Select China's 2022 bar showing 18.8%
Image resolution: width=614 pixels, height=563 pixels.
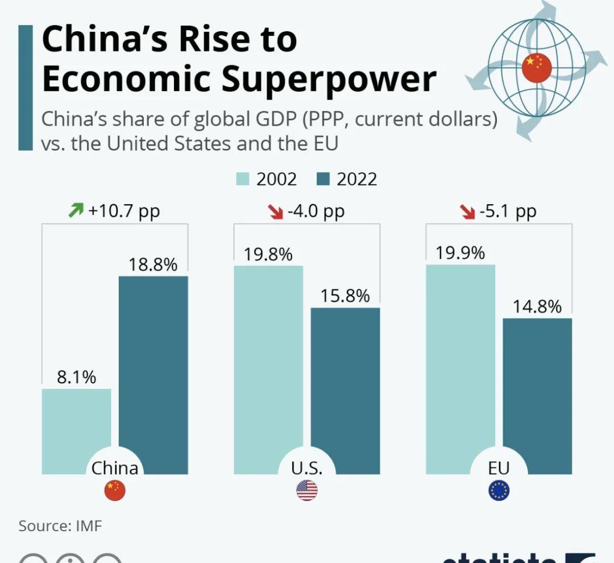point(153,370)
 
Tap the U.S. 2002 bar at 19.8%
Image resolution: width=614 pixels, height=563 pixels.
point(268,364)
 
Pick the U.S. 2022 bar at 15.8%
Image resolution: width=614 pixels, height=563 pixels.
point(345,387)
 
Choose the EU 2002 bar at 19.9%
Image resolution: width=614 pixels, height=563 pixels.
point(460,364)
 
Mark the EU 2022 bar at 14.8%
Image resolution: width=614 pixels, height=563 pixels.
point(537,392)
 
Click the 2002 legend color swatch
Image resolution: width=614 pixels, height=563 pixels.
point(243,180)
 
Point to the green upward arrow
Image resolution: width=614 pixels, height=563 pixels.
point(76,211)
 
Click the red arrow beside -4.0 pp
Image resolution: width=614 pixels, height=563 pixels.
point(275,212)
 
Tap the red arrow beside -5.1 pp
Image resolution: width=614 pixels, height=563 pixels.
point(467,212)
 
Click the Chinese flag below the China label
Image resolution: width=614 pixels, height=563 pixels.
point(115,490)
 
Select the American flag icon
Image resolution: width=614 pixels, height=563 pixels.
point(307,490)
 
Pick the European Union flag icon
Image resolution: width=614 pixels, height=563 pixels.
point(499,490)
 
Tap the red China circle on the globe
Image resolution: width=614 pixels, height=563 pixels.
point(537,68)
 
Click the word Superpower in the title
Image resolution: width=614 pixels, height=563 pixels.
point(329,79)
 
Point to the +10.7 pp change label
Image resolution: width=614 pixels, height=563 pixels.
point(124,212)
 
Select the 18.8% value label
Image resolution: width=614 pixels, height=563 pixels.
point(153,264)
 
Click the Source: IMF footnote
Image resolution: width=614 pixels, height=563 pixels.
point(60,525)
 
